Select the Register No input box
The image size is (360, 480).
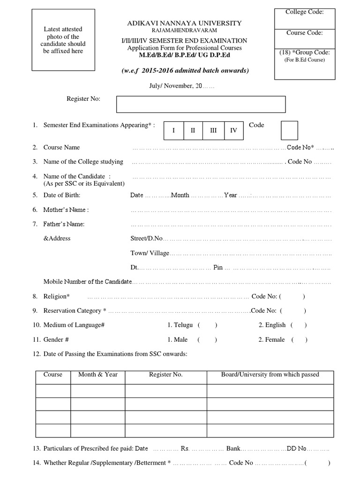201,104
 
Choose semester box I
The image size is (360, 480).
173,130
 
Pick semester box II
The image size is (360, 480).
193,130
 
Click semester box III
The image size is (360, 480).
213,130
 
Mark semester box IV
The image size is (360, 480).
233,130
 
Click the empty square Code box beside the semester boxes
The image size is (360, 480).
289,130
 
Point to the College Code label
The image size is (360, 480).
304,12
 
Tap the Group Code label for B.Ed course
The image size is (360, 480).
304,52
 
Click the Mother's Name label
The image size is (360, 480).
66,210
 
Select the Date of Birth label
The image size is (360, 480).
62,195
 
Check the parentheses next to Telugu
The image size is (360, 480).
207,325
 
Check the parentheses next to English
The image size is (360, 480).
299,325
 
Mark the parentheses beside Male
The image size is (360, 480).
206,340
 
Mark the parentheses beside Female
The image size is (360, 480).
299,340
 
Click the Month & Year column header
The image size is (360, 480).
97,375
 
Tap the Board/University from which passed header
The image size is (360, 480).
270,375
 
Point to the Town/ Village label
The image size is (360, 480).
150,253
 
